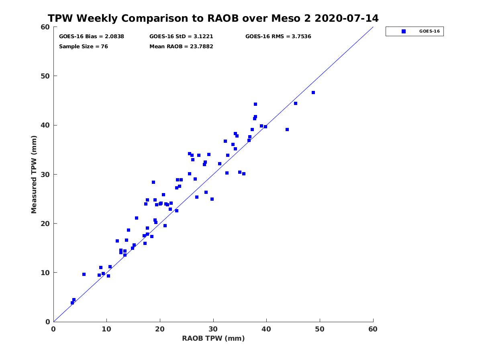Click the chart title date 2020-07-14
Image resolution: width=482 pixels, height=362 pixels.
click(x=346, y=18)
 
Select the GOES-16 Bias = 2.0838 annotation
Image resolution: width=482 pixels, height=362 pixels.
click(x=91, y=37)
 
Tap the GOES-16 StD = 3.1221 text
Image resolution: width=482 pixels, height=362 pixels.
click(x=181, y=37)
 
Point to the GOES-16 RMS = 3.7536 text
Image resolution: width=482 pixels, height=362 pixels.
click(x=278, y=37)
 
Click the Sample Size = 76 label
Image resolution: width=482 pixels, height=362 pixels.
click(x=84, y=47)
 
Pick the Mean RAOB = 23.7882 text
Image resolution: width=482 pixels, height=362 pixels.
click(x=181, y=47)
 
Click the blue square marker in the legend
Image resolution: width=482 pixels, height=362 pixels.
click(x=403, y=31)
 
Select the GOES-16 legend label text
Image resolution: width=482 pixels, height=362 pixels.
click(x=429, y=31)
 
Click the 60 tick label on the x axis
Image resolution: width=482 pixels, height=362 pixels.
click(x=373, y=329)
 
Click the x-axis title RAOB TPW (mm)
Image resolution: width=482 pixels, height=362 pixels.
click(x=213, y=338)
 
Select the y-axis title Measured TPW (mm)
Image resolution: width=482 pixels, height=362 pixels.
click(x=34, y=174)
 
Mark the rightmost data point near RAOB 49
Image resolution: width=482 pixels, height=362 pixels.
click(x=313, y=93)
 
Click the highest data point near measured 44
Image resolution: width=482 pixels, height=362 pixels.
click(x=255, y=104)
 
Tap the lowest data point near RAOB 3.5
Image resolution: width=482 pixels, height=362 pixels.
click(x=72, y=303)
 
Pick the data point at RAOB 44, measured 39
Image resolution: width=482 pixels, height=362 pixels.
click(x=287, y=130)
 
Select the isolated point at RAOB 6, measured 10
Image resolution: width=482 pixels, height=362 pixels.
click(x=84, y=274)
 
